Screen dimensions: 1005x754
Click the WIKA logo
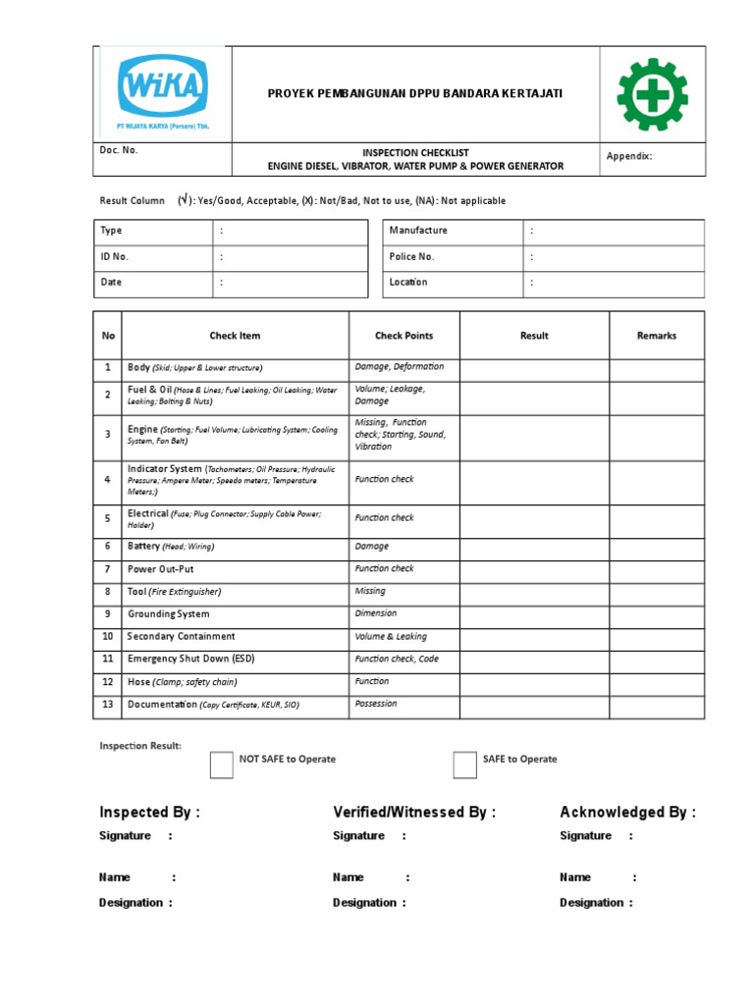coord(163,90)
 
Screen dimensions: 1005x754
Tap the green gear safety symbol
coord(652,94)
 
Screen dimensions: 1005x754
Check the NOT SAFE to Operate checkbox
coord(222,765)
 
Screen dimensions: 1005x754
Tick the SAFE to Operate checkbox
coord(464,765)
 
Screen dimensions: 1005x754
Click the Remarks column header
coord(657,336)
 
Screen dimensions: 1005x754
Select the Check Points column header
coord(404,336)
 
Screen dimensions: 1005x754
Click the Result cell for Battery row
coord(534,547)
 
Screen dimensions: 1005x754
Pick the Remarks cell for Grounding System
coord(657,614)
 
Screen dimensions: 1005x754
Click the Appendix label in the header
coord(629,156)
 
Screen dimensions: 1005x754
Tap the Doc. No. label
coord(119,150)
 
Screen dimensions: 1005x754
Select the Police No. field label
coord(411,256)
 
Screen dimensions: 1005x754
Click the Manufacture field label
coord(418,231)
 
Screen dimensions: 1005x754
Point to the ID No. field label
coord(114,256)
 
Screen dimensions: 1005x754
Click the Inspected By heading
coord(149,813)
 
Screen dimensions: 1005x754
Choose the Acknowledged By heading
coord(627,813)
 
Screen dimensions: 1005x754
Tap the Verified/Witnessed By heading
coord(414,813)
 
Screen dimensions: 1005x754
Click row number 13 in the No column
coord(108,705)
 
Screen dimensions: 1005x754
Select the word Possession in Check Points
coord(376,704)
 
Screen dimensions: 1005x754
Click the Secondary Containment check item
coord(182,637)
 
